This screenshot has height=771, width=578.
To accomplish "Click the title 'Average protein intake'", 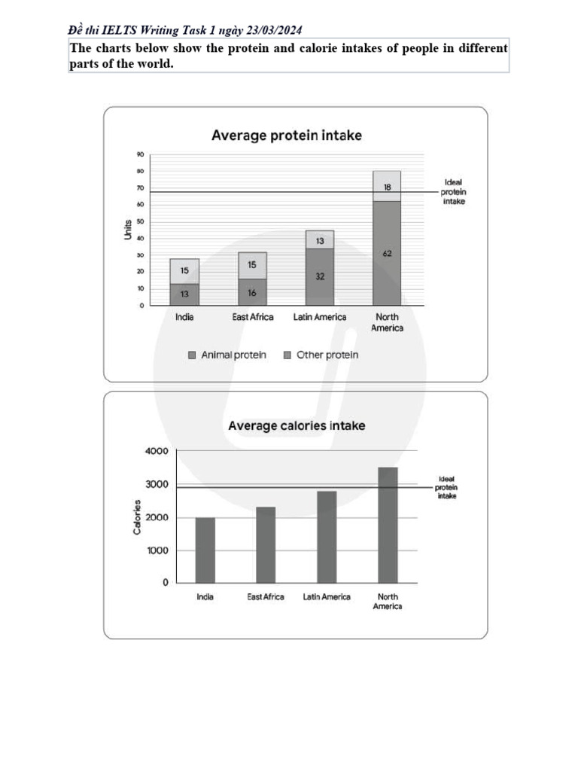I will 286,136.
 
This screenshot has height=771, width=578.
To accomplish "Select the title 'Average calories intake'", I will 297,425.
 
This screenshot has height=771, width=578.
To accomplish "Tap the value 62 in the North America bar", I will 387,254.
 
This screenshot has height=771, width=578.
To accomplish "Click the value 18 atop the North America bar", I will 387,186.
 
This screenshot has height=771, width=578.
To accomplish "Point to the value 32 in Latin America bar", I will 320,276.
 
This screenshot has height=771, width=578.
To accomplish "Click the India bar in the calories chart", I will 205,550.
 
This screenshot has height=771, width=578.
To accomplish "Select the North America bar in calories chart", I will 387,525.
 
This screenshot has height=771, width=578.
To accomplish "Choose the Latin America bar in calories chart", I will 327,537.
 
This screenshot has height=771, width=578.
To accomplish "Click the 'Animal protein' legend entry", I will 227,355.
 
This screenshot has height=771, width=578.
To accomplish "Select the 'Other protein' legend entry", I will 321,355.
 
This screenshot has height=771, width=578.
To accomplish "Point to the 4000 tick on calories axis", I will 157,451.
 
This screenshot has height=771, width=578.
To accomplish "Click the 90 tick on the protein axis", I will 140,154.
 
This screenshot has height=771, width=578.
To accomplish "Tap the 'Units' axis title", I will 128,230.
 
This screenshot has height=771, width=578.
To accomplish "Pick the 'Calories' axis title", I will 137,517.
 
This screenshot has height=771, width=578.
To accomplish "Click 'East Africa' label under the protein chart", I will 252,317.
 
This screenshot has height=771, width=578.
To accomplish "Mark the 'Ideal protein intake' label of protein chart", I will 454,192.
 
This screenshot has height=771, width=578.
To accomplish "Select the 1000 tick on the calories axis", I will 157,550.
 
